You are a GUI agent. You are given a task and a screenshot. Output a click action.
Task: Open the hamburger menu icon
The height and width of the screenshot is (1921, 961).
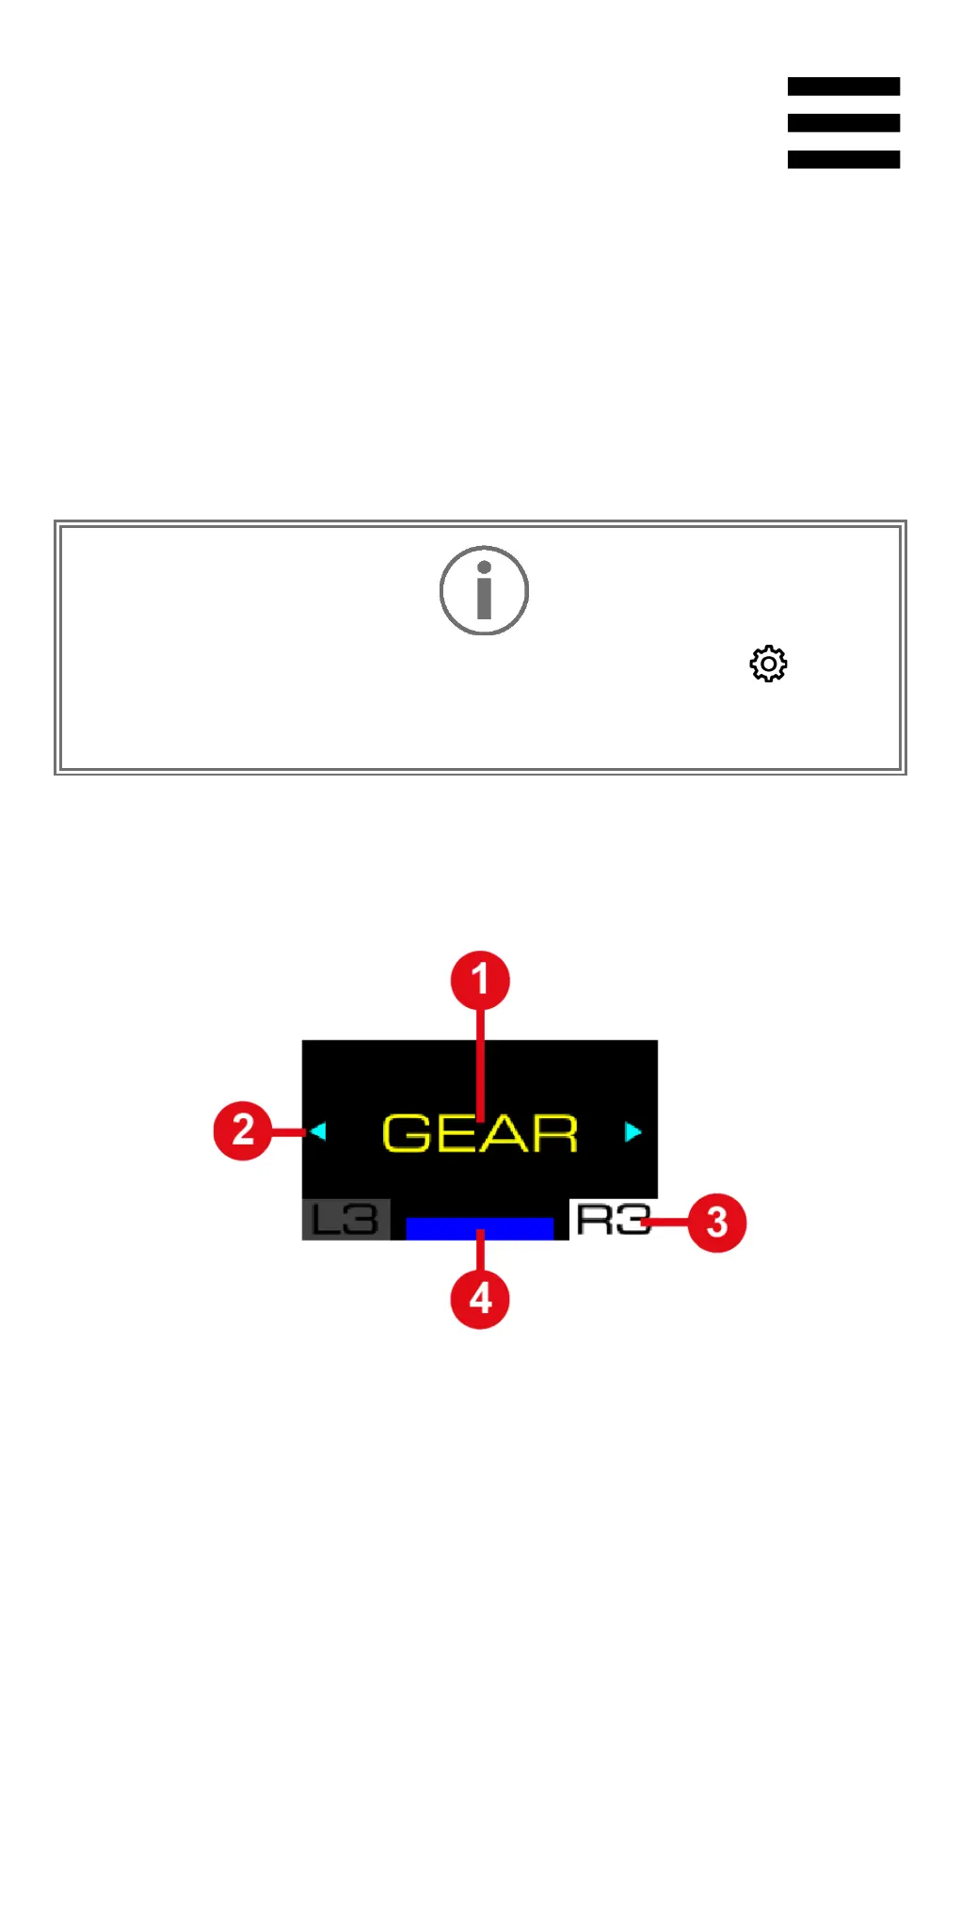point(843,122)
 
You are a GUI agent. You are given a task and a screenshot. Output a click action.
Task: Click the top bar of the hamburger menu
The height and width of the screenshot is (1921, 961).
point(843,87)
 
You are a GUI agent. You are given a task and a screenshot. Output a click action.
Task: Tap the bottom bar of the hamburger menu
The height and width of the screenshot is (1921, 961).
point(843,159)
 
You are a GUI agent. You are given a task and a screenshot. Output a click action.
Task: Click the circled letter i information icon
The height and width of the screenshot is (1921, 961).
point(484,590)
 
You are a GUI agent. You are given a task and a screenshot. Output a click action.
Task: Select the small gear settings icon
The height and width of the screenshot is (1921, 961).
point(768,664)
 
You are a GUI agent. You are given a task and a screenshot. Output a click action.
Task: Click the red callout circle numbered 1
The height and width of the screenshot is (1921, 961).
point(480,980)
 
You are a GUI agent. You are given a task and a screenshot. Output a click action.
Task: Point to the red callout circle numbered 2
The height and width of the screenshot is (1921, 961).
point(243,1129)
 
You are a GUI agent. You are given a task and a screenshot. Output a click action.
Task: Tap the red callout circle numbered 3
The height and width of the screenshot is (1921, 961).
point(717,1222)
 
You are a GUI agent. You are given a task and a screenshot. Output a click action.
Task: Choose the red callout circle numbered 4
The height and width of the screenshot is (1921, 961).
point(480,1299)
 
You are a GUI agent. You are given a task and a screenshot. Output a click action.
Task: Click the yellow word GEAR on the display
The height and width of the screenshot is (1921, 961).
point(480,1133)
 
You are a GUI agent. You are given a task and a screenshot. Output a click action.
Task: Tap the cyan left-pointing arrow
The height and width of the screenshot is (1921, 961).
point(318,1130)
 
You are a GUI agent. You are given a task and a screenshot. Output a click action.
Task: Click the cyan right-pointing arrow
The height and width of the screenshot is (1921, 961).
point(633,1130)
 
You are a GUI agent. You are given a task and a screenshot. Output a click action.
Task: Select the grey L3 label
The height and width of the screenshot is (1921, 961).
point(345,1220)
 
